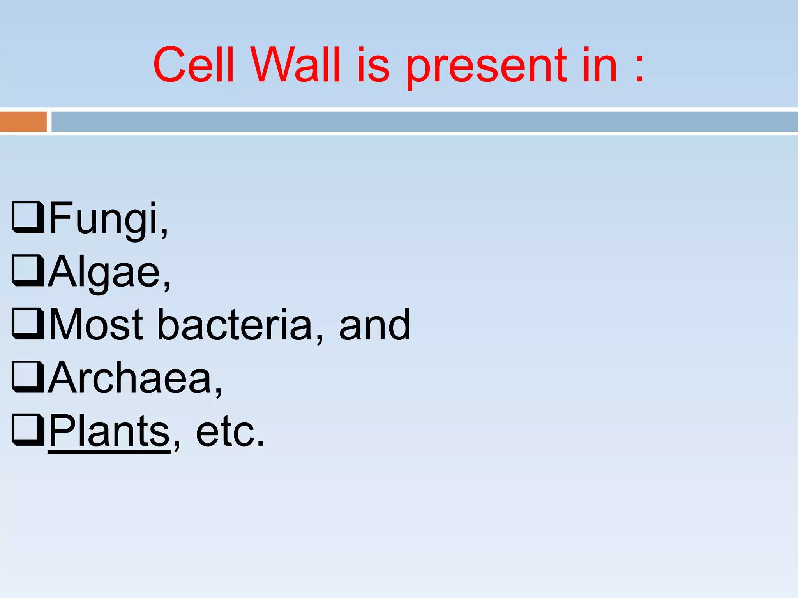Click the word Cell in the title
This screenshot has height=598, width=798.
click(194, 65)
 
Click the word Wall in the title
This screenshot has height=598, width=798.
click(295, 65)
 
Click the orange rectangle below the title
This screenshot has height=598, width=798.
click(23, 121)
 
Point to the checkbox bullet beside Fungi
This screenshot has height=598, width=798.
click(27, 217)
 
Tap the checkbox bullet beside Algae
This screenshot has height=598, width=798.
click(27, 270)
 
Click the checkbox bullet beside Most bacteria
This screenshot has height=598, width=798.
click(27, 324)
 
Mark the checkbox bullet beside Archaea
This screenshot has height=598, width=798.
click(27, 377)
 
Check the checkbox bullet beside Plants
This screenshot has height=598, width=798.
click(27, 430)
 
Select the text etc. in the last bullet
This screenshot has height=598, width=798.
click(230, 432)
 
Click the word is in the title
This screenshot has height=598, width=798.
click(373, 65)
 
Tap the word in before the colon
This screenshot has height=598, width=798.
click(600, 65)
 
